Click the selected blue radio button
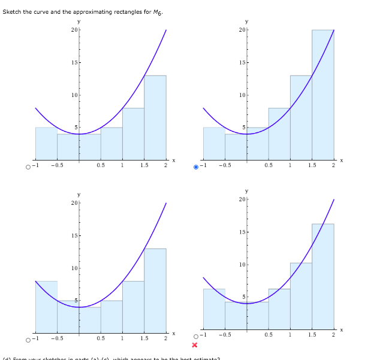coord(196,167)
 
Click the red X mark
coord(195,345)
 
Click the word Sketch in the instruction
coord(13,13)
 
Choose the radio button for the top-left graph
coord(28,167)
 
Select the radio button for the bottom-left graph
coord(28,340)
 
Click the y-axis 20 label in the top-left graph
coord(74,30)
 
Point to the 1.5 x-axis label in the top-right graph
coord(312,166)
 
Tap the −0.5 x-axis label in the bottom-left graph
coord(57,339)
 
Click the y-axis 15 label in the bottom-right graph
coord(242,232)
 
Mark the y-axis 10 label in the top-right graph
coord(242,95)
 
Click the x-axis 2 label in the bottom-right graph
coord(333,335)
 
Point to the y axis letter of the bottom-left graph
coord(79,195)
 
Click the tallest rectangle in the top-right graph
coord(322,96)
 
